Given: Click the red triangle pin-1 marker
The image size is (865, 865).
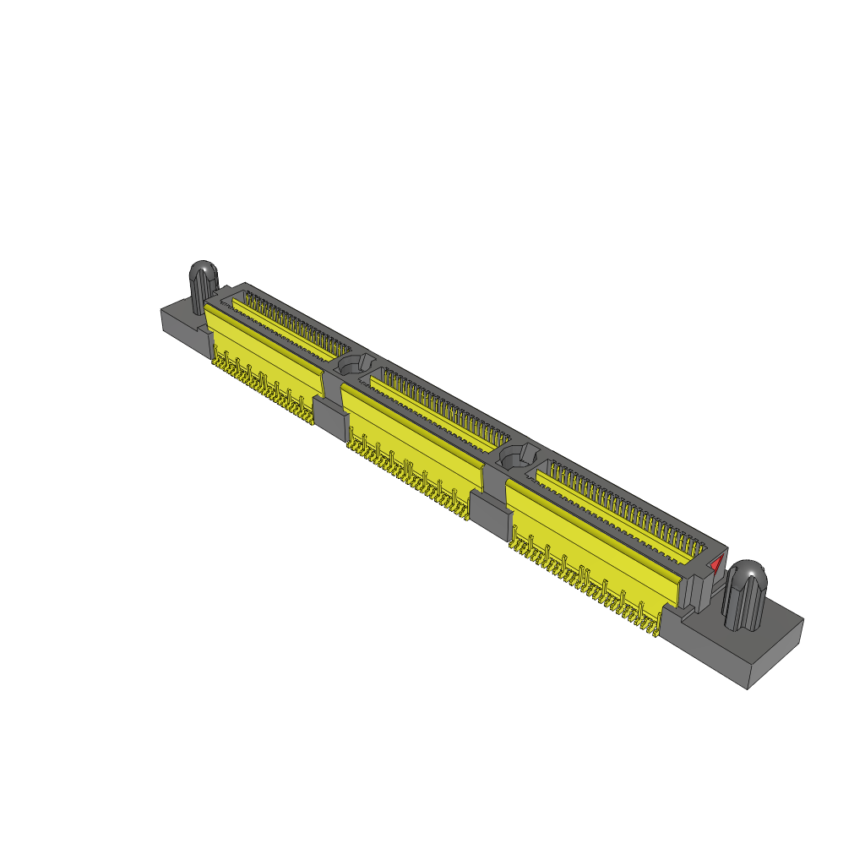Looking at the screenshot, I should point(715,564).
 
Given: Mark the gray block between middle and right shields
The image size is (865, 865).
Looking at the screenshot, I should point(485,509).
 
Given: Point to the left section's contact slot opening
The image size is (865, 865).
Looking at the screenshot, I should point(287,322).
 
